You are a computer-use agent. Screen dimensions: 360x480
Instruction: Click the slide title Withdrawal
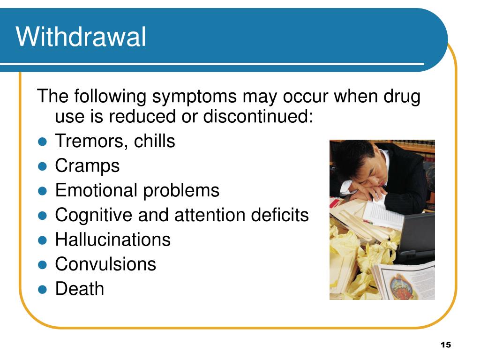pyautogui.click(x=81, y=37)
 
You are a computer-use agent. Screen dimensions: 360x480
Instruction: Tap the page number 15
pyautogui.click(x=445, y=345)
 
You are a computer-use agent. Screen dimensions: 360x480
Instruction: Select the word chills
pyautogui.click(x=155, y=141)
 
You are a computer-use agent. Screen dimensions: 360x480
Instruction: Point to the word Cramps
pyautogui.click(x=87, y=165)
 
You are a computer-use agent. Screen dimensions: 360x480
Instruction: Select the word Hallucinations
pyautogui.click(x=112, y=240)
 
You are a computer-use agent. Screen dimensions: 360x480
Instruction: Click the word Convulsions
pyautogui.click(x=105, y=264)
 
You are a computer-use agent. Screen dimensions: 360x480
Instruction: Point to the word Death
pyautogui.click(x=80, y=289)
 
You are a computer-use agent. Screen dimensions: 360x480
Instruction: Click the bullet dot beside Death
pyautogui.click(x=42, y=289)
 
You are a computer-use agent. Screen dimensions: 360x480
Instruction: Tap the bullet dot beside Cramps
pyautogui.click(x=42, y=166)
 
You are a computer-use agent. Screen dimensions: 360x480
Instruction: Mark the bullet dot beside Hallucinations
pyautogui.click(x=42, y=240)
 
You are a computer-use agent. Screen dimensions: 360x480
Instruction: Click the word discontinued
pyautogui.click(x=257, y=117)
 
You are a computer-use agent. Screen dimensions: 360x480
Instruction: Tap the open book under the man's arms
pyautogui.click(x=382, y=213)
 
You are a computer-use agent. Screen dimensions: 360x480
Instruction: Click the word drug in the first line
pyautogui.click(x=404, y=97)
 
